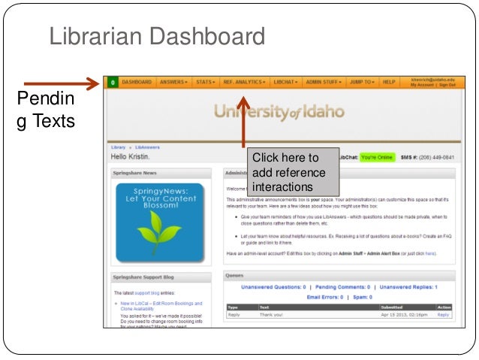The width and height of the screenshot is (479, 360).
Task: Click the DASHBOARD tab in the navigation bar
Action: point(137,81)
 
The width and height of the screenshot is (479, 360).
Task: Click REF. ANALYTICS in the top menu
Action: point(243,81)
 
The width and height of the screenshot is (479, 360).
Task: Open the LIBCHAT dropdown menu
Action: point(286,81)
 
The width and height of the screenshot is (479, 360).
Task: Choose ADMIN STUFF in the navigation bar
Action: point(324,81)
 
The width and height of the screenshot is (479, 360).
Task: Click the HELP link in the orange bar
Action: point(389,81)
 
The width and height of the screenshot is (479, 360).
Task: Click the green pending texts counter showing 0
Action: point(112,81)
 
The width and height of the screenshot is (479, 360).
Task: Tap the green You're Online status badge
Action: point(376,158)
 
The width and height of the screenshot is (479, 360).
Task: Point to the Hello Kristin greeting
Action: point(131,156)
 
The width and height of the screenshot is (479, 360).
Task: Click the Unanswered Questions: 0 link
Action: point(273,287)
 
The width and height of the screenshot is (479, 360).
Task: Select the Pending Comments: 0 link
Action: point(342,287)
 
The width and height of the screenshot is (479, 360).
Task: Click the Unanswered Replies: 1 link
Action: point(408,287)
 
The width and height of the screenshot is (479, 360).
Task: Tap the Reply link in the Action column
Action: point(443,315)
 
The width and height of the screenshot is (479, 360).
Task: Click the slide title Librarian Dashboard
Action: point(157,36)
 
